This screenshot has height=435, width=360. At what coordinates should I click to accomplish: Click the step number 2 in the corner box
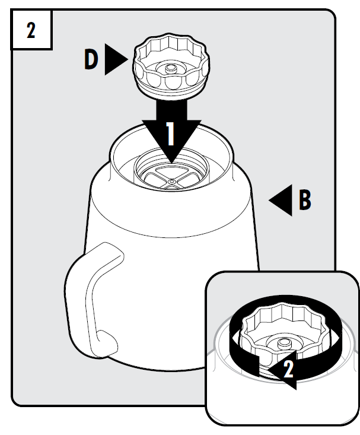point(31,30)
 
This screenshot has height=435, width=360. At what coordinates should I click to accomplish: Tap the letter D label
point(91,59)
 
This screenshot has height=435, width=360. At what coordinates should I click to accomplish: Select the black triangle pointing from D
point(116,59)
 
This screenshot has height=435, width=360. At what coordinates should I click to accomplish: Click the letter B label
point(305,200)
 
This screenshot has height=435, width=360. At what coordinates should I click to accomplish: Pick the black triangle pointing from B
point(281,200)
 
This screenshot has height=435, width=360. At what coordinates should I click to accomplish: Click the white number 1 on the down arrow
point(170,134)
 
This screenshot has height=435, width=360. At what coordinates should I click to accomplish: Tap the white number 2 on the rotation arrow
point(288,369)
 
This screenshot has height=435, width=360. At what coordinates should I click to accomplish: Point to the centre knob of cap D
point(171,68)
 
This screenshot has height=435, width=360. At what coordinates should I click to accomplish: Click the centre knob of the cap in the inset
point(283,343)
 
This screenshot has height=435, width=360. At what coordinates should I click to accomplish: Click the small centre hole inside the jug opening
point(171,182)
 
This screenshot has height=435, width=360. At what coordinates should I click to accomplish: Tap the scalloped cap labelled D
point(171,66)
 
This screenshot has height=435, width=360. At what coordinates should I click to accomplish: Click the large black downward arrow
point(171,131)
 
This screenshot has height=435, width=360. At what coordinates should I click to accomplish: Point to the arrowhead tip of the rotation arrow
point(268,370)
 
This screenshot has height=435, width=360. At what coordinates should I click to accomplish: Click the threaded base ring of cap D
point(171,91)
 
